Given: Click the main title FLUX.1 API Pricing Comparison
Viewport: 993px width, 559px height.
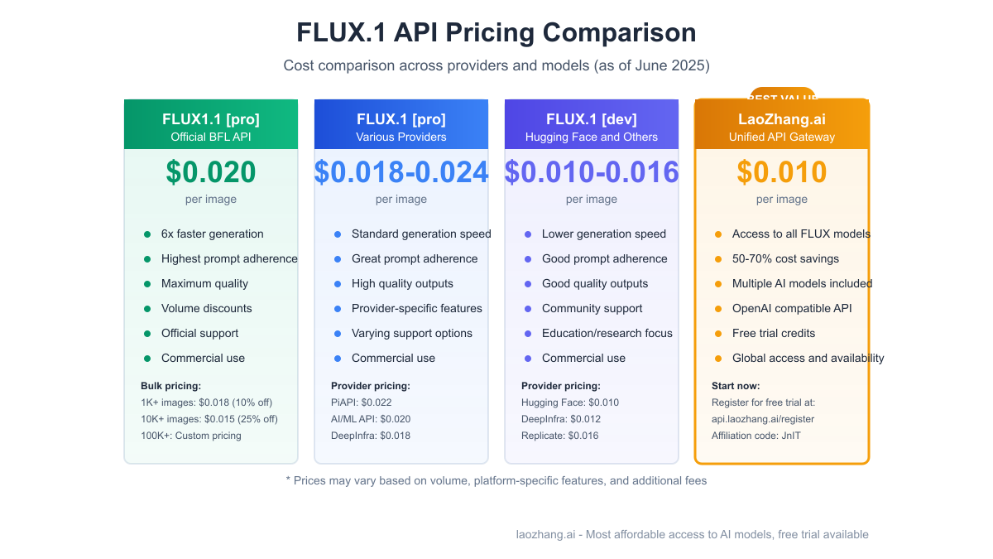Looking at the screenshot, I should [x=496, y=32].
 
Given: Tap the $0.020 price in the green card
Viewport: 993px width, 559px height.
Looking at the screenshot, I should [x=211, y=172].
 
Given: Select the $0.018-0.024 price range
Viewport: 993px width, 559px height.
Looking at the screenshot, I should [x=401, y=172].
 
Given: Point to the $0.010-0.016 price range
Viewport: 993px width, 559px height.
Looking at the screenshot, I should [x=592, y=172].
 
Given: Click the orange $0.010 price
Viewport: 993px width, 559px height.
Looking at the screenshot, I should [x=782, y=172].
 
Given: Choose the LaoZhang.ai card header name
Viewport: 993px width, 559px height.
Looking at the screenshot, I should [x=782, y=119].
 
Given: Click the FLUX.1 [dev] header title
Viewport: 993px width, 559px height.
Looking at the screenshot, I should [x=592, y=119].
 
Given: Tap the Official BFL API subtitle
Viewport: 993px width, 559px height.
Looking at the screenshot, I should [x=211, y=137].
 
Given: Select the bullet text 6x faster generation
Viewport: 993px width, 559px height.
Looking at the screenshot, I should [x=213, y=234].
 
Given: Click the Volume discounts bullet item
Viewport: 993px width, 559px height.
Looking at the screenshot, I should [x=207, y=308].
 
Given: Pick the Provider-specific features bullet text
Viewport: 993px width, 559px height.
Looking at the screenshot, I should [x=417, y=308].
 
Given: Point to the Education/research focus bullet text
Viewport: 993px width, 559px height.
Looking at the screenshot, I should [x=607, y=333].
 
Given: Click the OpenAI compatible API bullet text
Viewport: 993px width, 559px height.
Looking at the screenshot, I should [x=792, y=308].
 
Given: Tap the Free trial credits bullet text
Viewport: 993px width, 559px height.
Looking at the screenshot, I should [x=774, y=333].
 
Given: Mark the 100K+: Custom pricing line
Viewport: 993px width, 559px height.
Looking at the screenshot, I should [x=191, y=436].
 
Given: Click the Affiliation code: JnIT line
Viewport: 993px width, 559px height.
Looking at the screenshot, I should [x=756, y=436].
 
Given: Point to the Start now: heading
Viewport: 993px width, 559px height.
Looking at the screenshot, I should [x=736, y=386].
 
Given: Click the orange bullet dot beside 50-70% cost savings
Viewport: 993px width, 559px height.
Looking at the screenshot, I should [x=718, y=259].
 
